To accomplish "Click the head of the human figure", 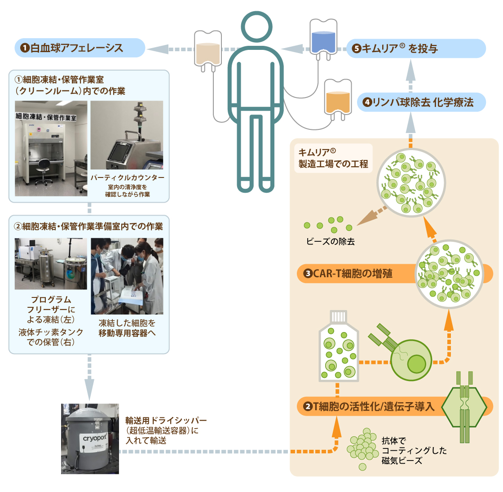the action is click(256, 27).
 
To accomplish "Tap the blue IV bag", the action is click(323, 39).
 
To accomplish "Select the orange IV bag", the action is click(338, 99).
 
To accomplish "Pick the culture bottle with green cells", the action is click(339, 346).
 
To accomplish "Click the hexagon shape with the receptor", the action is click(464, 407).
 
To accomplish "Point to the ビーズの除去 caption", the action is click(331, 241).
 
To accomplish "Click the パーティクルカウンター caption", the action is click(128, 177).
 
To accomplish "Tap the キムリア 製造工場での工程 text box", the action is click(333, 158).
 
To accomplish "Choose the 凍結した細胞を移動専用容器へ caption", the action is click(127, 328).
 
